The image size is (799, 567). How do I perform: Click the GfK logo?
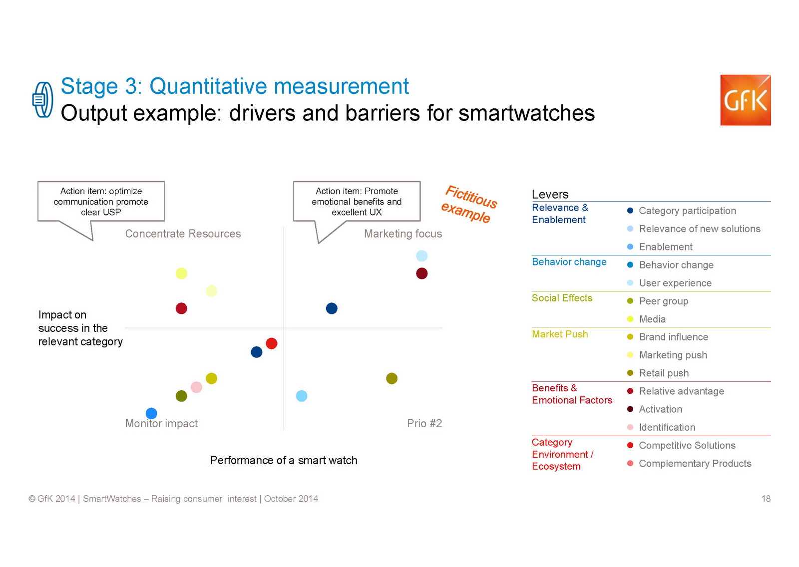(745, 100)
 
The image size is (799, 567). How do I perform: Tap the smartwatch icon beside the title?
(43, 100)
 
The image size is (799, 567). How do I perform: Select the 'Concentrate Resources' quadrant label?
(183, 234)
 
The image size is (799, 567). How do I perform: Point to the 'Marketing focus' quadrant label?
(403, 234)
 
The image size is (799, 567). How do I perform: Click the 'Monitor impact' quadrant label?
(161, 424)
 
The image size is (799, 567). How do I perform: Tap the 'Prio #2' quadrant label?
(424, 424)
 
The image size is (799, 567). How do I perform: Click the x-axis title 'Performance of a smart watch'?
(284, 460)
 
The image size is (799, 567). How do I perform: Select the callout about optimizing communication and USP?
(101, 202)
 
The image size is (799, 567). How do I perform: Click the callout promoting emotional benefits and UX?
(357, 202)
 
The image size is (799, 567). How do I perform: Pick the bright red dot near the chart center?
(272, 343)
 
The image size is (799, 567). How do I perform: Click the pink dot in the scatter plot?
(196, 387)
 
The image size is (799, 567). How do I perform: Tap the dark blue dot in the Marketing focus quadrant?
(332, 308)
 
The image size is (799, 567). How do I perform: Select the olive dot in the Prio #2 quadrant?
(392, 378)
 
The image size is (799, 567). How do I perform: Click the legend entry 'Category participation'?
(687, 211)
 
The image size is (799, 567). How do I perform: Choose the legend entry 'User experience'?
(675, 283)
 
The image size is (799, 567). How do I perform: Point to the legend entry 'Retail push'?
(664, 373)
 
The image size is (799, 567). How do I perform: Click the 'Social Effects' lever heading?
(562, 298)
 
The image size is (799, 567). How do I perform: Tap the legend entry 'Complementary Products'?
(695, 464)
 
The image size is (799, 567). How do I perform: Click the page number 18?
(766, 499)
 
